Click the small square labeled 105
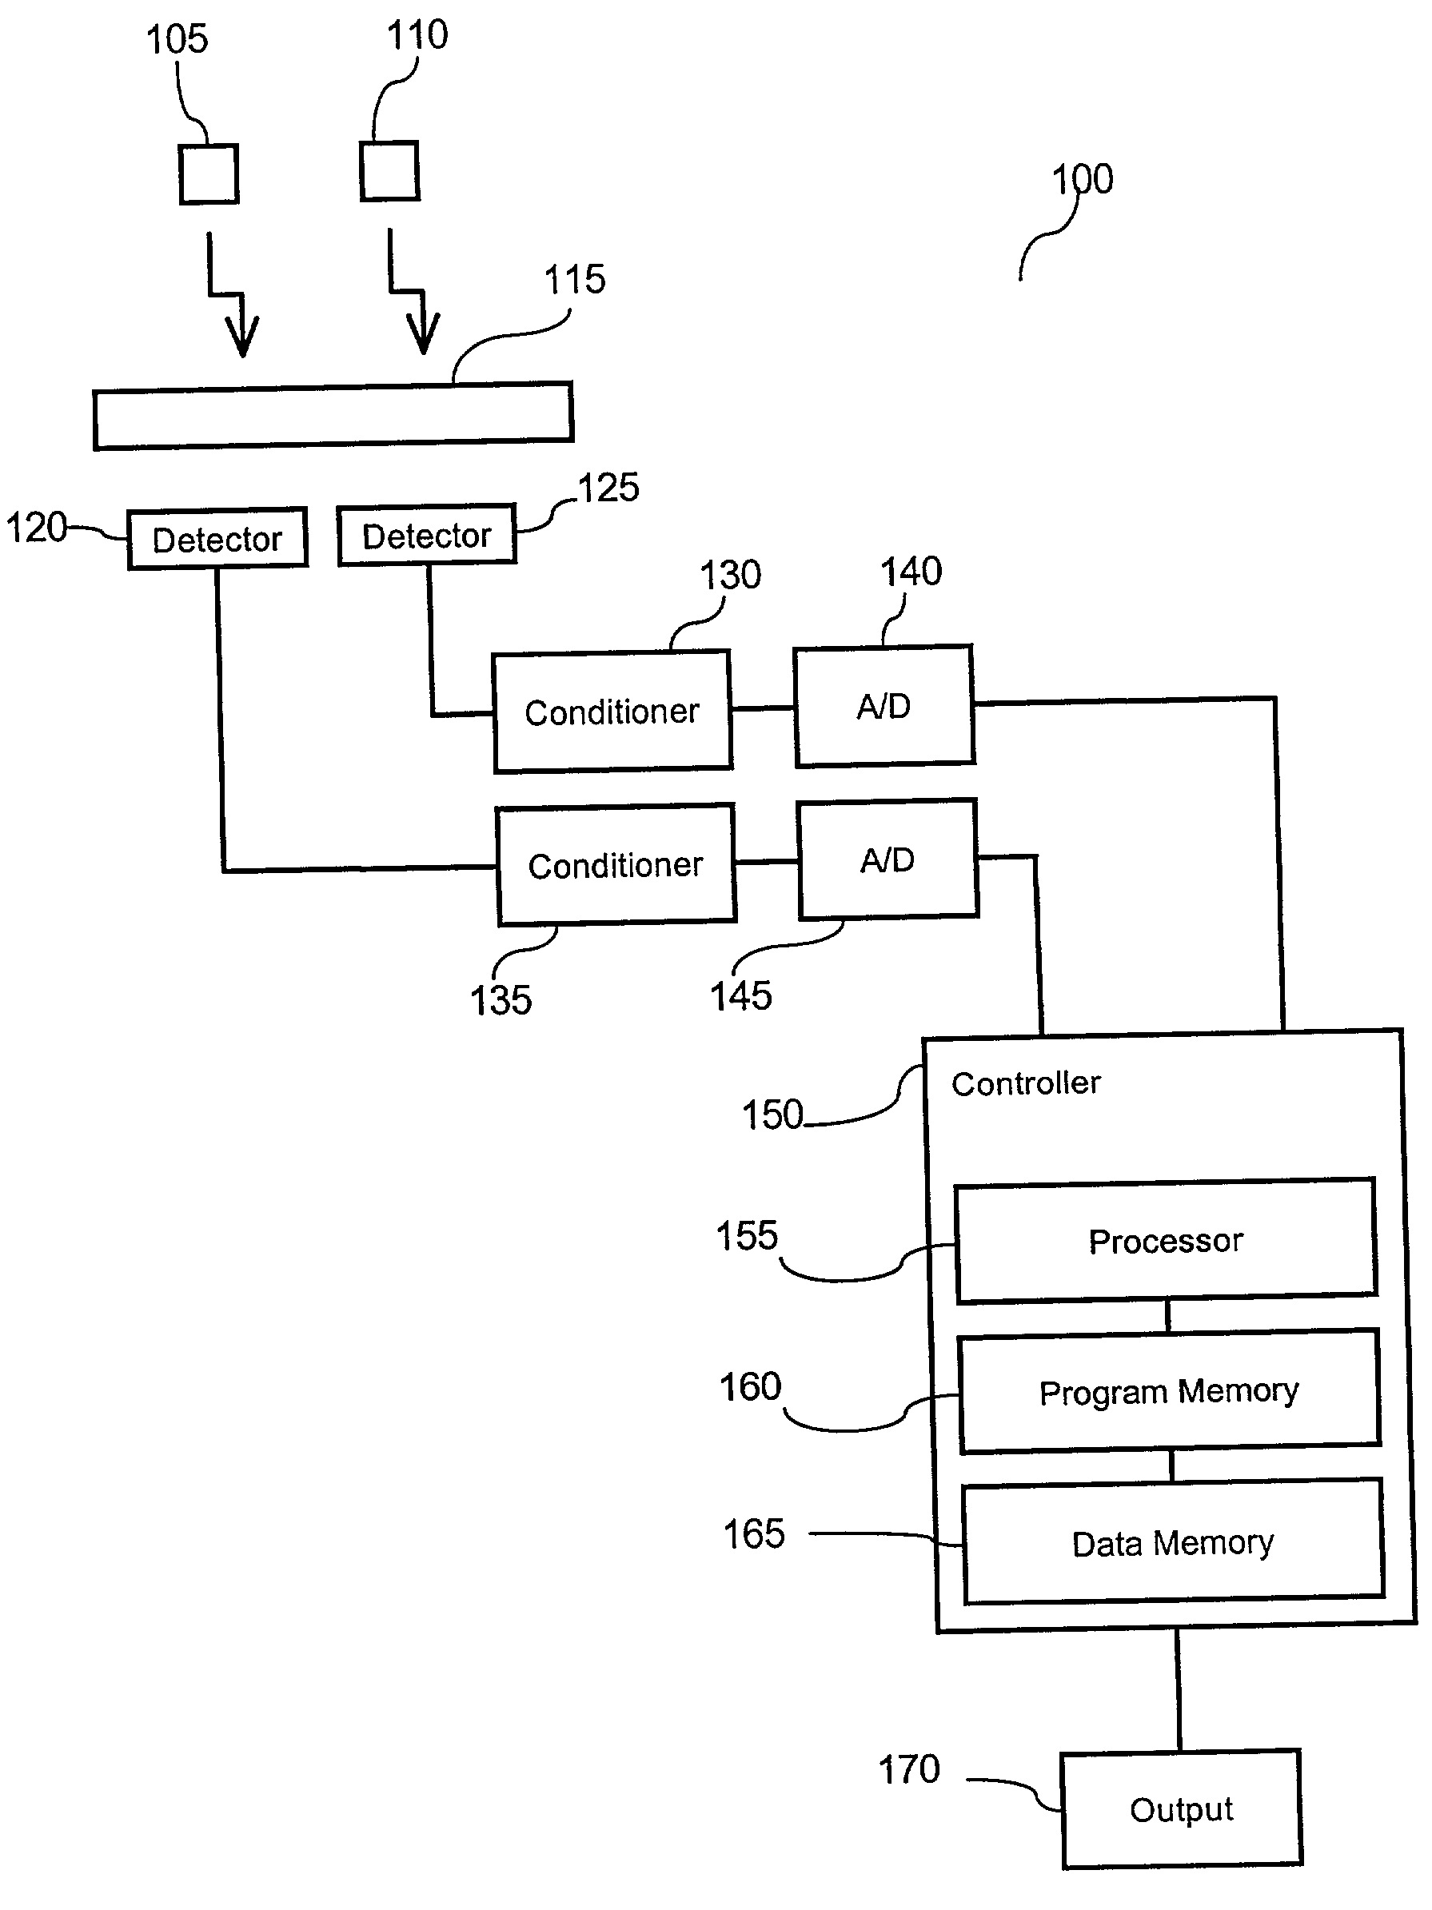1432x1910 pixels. [208, 174]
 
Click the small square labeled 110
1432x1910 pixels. [389, 171]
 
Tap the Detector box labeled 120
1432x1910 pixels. [217, 539]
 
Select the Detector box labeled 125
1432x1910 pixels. [427, 536]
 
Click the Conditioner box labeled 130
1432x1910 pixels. [612, 712]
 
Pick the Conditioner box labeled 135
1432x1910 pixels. [616, 865]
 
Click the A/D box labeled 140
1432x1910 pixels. [884, 706]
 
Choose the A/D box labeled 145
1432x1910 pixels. [888, 860]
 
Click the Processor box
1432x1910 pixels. [1166, 1241]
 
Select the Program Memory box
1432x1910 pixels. [1170, 1392]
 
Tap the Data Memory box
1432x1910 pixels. [1173, 1543]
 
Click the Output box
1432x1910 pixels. [1182, 1809]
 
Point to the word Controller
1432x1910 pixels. [1026, 1083]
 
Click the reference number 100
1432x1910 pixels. [1083, 180]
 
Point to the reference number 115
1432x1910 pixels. [574, 280]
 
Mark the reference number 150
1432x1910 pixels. [772, 1114]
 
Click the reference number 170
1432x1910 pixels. [908, 1770]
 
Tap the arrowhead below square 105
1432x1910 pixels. [241, 337]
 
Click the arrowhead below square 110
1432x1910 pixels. [423, 334]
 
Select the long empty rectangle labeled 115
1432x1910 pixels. [333, 415]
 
